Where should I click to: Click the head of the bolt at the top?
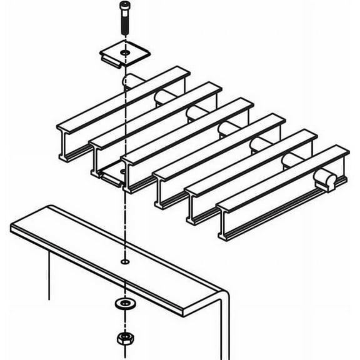pos(123,8)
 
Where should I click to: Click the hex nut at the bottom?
pos(123,339)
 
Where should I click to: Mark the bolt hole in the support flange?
pos(124,261)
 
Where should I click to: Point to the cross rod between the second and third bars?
pos(196,112)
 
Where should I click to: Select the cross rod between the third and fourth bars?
pos(226,129)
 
